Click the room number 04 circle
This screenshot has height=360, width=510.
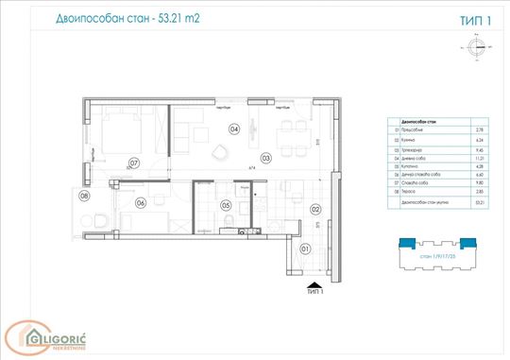pos(233,129)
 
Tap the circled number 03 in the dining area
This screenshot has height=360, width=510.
pos(266,158)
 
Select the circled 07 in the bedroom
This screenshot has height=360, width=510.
pos(134,163)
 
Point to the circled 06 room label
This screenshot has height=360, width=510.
pos(140,202)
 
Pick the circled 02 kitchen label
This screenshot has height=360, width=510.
pos(315,210)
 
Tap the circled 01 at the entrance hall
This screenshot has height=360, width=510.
pos(305,249)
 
